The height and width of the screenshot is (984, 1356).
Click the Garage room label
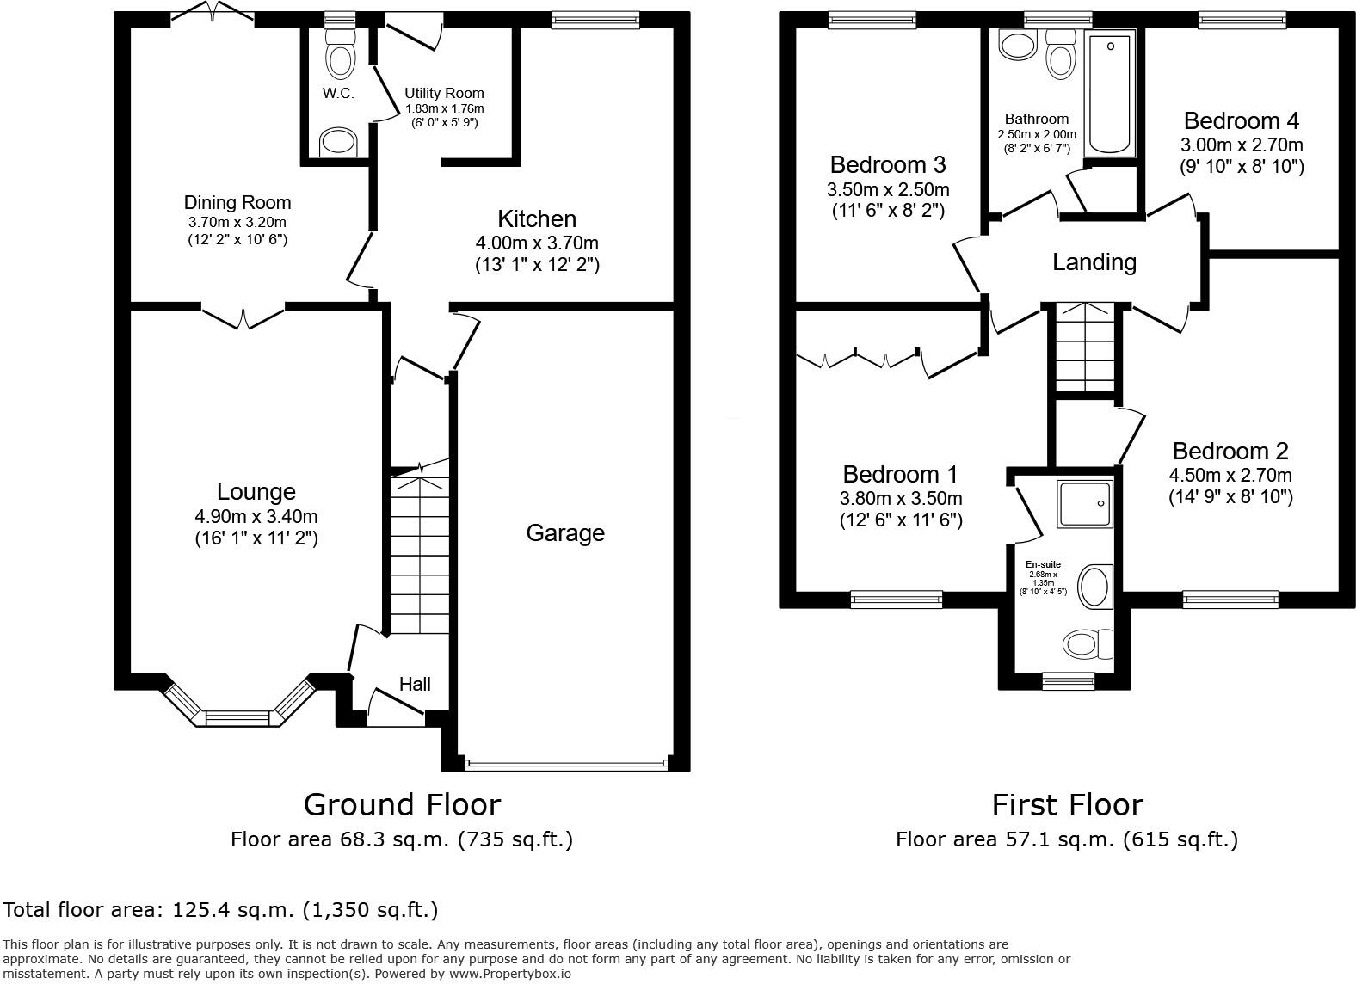565,533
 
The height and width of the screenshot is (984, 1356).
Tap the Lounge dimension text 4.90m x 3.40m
256,517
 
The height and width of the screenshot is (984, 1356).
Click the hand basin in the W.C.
338,143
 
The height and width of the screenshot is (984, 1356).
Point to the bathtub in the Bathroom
1111,93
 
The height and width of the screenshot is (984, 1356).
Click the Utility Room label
444,93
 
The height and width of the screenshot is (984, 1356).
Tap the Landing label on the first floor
1094,261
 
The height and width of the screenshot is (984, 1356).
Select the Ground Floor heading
402,805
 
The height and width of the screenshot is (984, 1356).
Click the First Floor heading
1067,805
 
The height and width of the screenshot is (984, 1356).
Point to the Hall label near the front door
415,685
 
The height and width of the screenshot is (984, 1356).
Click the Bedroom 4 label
1241,121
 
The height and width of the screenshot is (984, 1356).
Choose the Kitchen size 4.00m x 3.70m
537,243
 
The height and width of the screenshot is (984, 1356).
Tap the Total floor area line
220,910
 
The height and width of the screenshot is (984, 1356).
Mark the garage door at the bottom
565,762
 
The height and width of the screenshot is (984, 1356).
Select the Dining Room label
237,203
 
